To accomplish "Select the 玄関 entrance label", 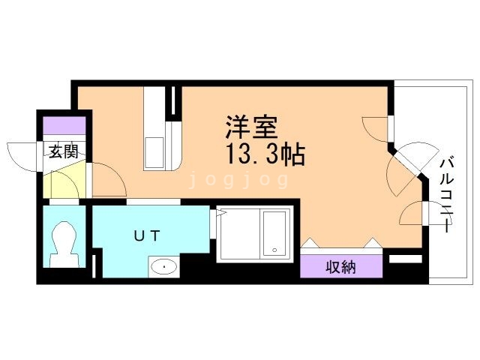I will [64, 151].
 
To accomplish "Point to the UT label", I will [147, 235].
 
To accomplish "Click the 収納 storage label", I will [340, 266].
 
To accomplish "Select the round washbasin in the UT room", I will [163, 266].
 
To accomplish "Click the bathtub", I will [273, 232].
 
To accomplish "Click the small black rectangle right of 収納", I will [406, 259].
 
